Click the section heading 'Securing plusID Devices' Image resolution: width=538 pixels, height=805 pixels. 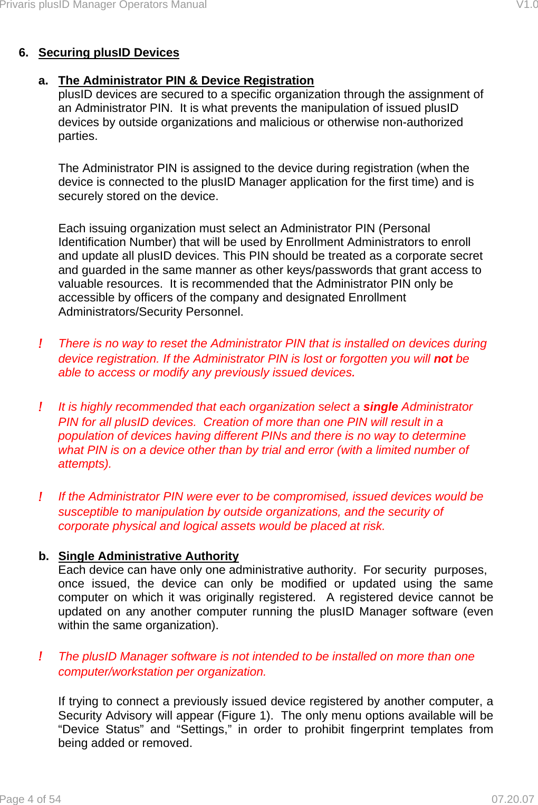coord(109,53)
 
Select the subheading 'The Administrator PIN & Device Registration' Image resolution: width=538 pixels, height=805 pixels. coord(186,81)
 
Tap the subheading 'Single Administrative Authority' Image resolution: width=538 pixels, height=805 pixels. coord(148,556)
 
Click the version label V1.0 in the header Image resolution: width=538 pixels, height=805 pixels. coord(526,5)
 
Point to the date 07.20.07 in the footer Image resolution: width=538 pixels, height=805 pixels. coord(512,799)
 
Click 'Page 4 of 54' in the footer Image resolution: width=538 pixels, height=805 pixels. coord(31,799)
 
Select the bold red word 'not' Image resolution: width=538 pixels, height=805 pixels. coord(443,359)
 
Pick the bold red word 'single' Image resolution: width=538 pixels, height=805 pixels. coord(380,407)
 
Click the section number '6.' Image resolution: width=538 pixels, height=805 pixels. coord(24,53)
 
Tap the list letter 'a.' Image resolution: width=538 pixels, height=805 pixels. coord(43,81)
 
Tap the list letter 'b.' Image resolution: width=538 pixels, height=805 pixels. coord(44,556)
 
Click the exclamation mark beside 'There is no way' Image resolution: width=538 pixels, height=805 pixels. coord(41,344)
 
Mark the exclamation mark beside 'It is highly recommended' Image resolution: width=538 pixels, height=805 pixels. coord(41,408)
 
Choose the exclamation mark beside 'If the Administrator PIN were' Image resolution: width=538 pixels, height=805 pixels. coord(41,497)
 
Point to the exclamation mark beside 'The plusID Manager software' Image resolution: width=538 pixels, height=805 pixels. coord(41,657)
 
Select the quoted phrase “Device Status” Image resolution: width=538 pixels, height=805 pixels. coord(101,730)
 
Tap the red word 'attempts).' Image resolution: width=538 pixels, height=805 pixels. coord(84,464)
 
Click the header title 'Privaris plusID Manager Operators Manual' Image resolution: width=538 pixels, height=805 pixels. coord(103,5)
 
